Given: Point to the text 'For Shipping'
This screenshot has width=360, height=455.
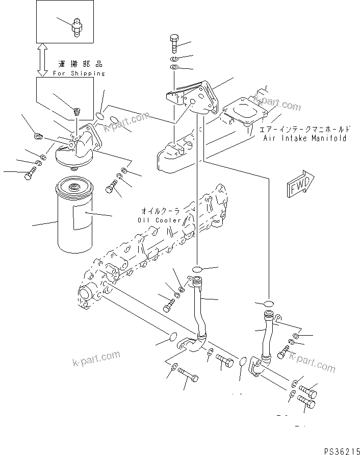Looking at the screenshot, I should pos(79,73).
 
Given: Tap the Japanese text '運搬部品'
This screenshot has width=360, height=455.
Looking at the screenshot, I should pos(80,65).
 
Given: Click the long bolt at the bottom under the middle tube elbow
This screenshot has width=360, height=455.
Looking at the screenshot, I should pos(191,377).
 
